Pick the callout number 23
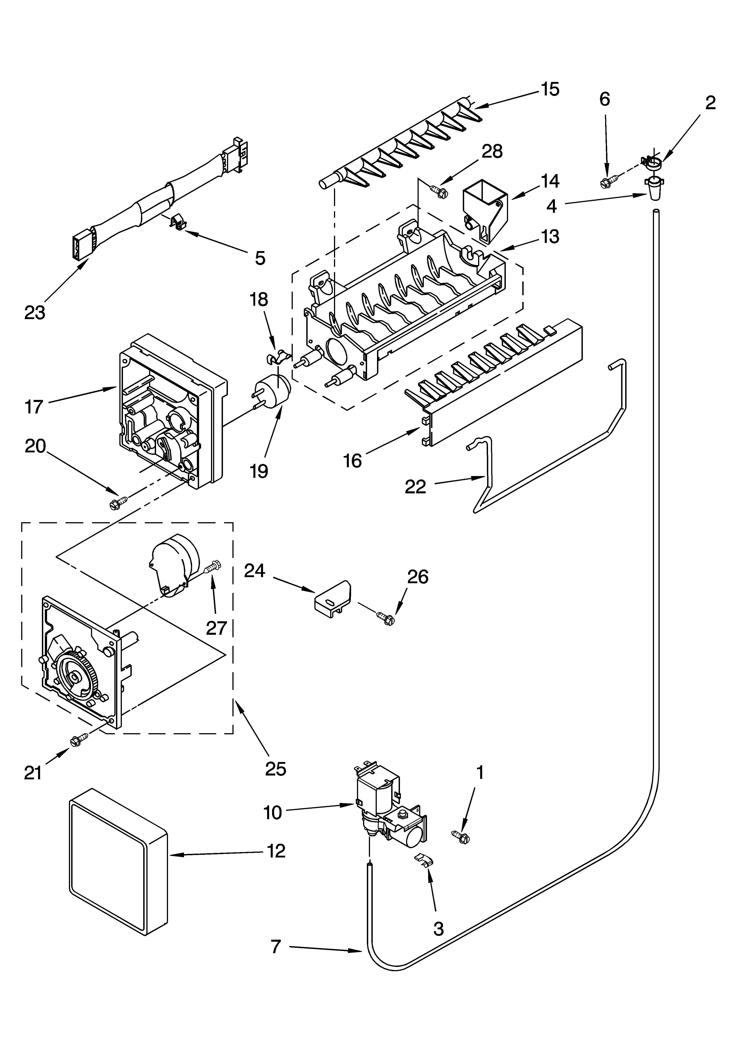(35, 313)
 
